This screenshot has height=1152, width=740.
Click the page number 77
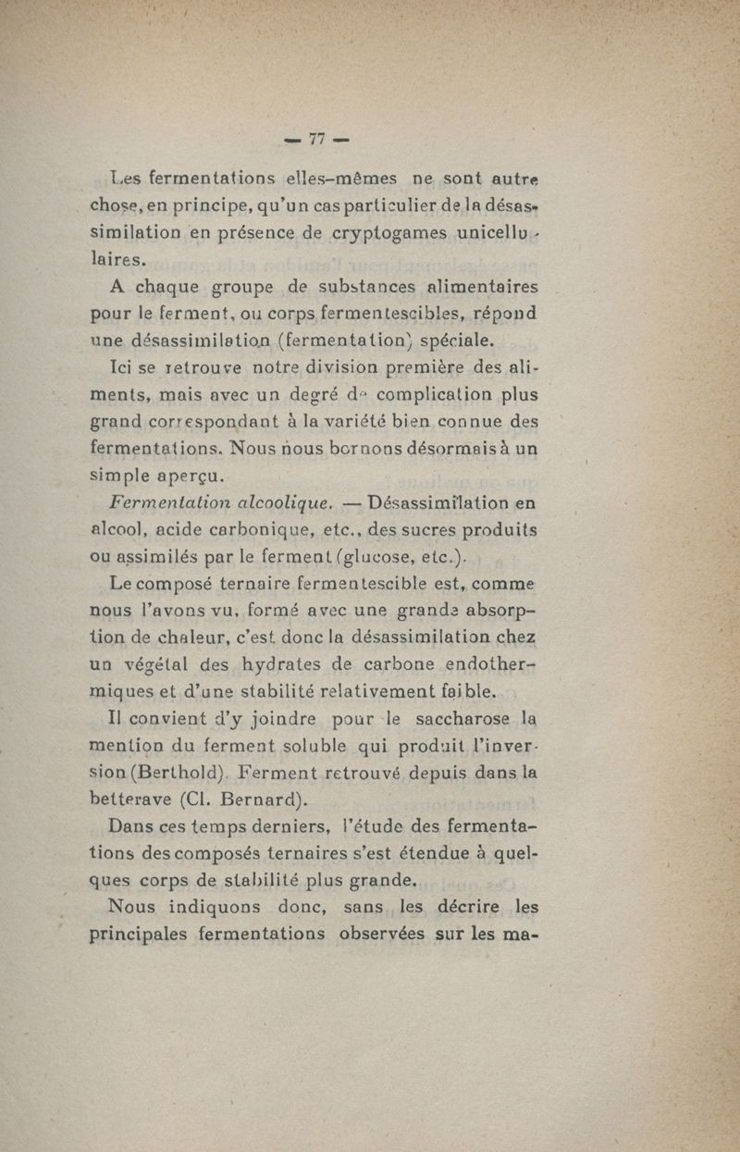317,140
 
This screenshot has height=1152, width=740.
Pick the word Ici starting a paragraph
122,370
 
